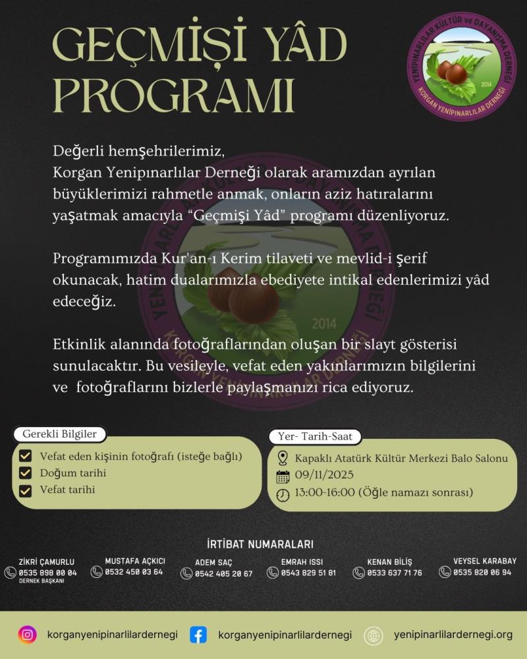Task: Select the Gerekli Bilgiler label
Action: (60, 434)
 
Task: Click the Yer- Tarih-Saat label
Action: (315, 436)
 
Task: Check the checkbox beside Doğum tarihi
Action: (26, 473)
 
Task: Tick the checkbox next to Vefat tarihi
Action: (26, 490)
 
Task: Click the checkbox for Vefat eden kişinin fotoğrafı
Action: (26, 456)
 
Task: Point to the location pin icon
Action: (283, 458)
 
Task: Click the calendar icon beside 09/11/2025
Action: (283, 476)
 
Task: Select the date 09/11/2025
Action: (324, 475)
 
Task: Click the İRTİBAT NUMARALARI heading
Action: (260, 544)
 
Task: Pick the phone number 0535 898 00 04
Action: (48, 573)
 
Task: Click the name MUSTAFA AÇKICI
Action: (135, 561)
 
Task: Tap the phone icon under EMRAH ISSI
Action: (273, 573)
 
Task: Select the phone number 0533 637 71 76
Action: (394, 573)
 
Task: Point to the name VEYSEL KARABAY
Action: (485, 561)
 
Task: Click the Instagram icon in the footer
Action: (27, 635)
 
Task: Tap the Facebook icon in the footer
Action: (198, 635)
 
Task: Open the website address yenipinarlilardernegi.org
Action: (453, 635)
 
